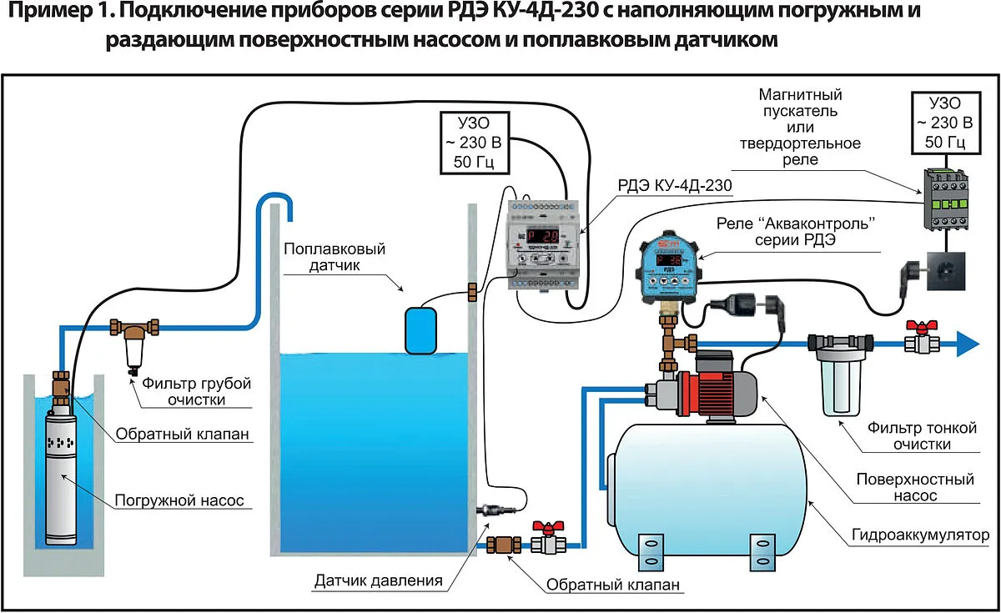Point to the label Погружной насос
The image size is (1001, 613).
click(x=179, y=500)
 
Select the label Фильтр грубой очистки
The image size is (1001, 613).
click(x=196, y=391)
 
